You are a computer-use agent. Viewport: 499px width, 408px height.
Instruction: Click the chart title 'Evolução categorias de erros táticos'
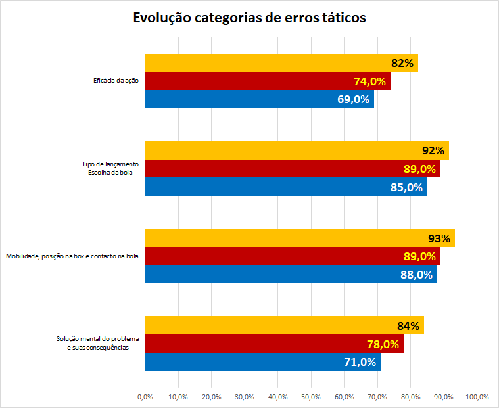click(249, 18)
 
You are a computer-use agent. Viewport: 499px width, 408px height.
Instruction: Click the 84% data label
click(408, 325)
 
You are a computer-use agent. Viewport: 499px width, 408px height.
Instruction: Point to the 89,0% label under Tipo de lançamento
click(419, 169)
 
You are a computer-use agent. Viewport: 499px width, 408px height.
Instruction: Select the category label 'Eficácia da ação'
click(116, 81)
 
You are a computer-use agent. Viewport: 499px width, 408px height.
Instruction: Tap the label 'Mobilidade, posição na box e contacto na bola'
click(72, 256)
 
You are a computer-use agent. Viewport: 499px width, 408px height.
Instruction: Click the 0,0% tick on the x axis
click(145, 397)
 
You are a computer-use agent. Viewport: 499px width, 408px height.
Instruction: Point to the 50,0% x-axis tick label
click(311, 397)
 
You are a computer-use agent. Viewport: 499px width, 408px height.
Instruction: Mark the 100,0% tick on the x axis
click(477, 397)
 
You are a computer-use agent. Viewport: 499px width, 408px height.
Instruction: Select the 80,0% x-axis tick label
click(410, 397)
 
